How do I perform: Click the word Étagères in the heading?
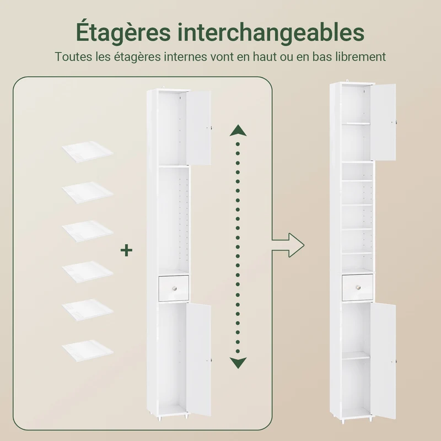pyautogui.click(x=123, y=32)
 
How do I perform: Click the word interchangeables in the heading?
pyautogui.click(x=271, y=31)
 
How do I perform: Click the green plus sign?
pyautogui.click(x=126, y=250)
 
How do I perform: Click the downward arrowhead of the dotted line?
pyautogui.click(x=238, y=363)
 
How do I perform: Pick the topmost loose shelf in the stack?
pyautogui.click(x=88, y=152)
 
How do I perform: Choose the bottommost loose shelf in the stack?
pyautogui.click(x=88, y=351)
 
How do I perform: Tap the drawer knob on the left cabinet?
pyautogui.click(x=174, y=288)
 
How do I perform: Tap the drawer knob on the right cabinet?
pyautogui.click(x=358, y=287)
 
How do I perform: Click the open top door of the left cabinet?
pyautogui.click(x=198, y=127)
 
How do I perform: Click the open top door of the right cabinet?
pyautogui.click(x=383, y=122)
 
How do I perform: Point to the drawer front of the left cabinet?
pyautogui.click(x=174, y=288)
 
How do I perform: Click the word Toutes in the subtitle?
pyautogui.click(x=73, y=57)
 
